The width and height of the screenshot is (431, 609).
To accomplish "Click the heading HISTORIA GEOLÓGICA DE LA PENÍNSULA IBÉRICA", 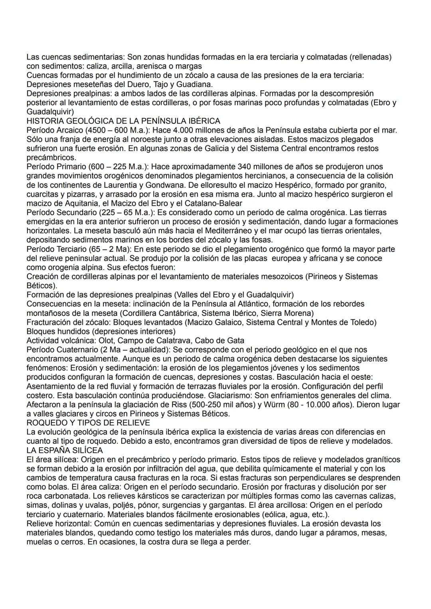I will (123, 121).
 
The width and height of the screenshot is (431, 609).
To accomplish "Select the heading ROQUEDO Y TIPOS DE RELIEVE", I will (88, 423).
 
